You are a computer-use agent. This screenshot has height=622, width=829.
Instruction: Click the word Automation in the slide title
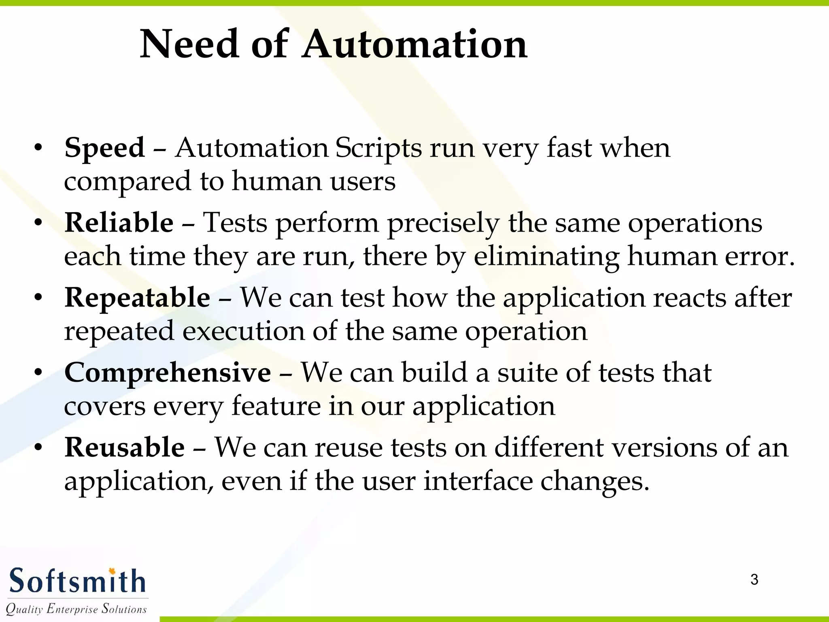[415, 45]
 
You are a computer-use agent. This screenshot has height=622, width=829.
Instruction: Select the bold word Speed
[104, 148]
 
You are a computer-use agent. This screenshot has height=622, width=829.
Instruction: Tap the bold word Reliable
[119, 223]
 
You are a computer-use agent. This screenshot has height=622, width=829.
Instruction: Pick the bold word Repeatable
[137, 298]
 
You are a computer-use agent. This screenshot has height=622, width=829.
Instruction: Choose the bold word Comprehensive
[168, 373]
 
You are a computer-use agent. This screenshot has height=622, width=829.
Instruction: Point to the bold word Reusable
[125, 447]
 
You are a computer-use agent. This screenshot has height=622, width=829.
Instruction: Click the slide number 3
[754, 579]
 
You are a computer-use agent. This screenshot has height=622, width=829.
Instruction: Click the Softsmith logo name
[77, 581]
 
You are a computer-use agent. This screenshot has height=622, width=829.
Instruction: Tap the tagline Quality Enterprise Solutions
[76, 609]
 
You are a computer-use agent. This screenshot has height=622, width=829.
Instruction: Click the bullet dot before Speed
[38, 149]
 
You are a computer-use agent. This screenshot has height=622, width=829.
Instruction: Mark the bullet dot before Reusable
[38, 448]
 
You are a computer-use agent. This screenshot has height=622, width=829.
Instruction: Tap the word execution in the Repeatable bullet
[243, 331]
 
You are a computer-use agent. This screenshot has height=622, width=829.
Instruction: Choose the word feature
[276, 406]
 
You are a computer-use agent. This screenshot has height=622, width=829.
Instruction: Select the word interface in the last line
[478, 481]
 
